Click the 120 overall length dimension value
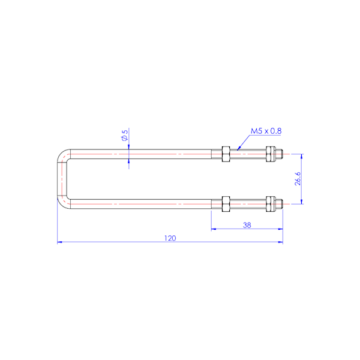click(170, 238)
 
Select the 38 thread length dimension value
click(246, 225)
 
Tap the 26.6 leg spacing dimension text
click(298, 179)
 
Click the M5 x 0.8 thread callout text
click(266, 131)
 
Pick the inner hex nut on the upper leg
click(226, 154)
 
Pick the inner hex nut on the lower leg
click(226, 204)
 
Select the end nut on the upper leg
click(271, 154)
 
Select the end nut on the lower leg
click(271, 204)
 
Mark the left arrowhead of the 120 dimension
click(59, 242)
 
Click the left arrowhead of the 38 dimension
click(214, 229)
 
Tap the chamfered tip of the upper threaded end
click(281, 154)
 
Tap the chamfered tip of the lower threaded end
click(281, 204)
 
